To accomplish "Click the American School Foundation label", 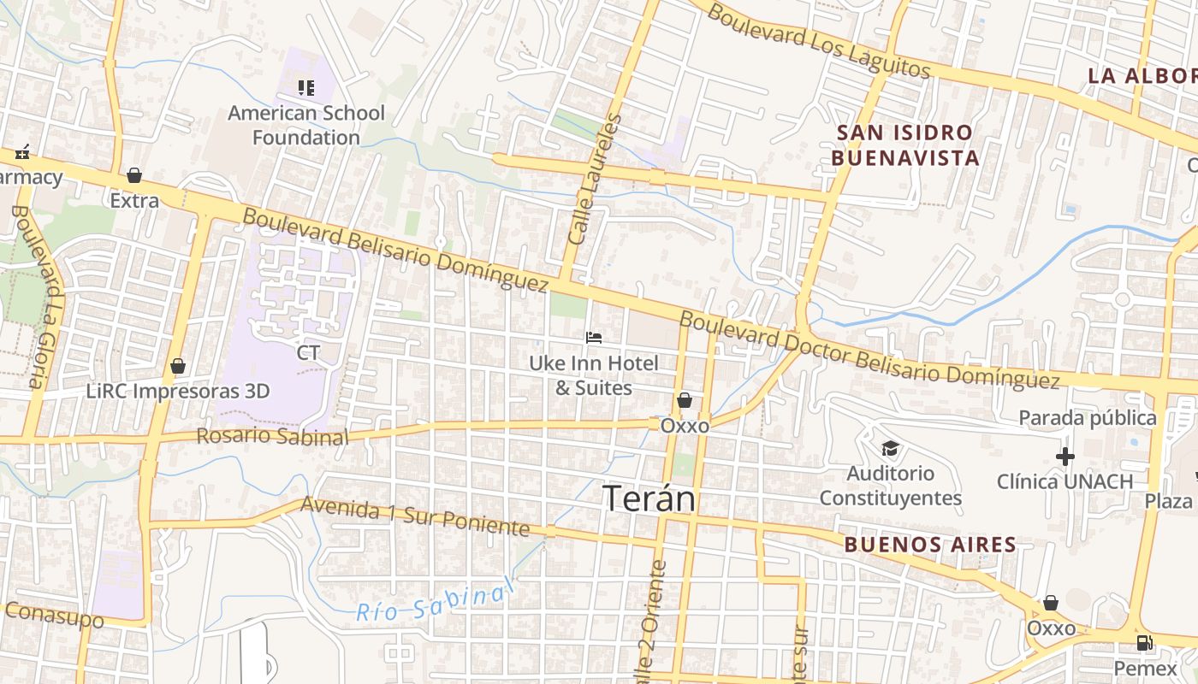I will click(306, 125).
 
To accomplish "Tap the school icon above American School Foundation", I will click(306, 87).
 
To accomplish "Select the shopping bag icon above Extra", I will click(134, 175).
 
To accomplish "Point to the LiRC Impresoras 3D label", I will click(178, 392).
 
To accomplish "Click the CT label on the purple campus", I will click(308, 353).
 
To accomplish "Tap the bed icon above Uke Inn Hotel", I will click(594, 338).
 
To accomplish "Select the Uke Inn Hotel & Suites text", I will click(594, 375).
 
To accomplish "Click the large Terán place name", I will click(650, 499).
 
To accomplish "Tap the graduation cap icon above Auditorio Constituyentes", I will click(890, 448).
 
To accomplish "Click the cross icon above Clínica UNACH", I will click(1065, 457).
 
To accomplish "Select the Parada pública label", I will click(1087, 418).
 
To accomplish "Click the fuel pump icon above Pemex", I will click(1145, 643).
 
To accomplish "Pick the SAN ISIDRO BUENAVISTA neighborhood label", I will click(905, 145).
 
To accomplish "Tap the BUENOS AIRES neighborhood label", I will click(930, 545).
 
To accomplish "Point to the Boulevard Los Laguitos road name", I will click(818, 41).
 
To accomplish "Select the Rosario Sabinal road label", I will click(272, 436).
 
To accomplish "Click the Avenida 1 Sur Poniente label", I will click(415, 516).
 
